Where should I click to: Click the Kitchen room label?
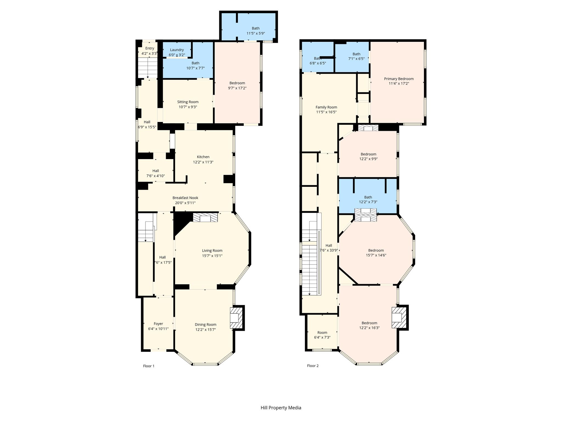click(203, 157)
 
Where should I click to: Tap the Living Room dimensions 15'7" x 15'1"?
click(212, 256)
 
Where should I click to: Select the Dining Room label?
click(206, 324)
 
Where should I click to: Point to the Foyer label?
click(158, 324)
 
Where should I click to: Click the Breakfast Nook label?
click(185, 198)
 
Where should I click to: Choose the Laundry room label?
click(177, 50)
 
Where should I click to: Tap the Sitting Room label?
click(188, 102)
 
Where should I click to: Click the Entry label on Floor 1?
click(150, 48)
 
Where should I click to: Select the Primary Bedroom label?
click(399, 79)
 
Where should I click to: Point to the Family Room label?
click(326, 107)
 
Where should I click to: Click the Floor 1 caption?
click(149, 366)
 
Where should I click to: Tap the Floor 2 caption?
click(313, 366)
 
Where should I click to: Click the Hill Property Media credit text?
click(281, 408)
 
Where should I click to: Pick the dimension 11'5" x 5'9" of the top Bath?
click(255, 34)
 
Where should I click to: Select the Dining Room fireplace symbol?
click(236, 318)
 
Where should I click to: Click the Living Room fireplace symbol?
click(206, 218)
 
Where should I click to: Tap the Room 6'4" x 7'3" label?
click(322, 335)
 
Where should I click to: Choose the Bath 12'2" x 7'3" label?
click(368, 199)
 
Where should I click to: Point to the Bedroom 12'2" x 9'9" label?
click(368, 156)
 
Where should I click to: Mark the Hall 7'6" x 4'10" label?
click(156, 173)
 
